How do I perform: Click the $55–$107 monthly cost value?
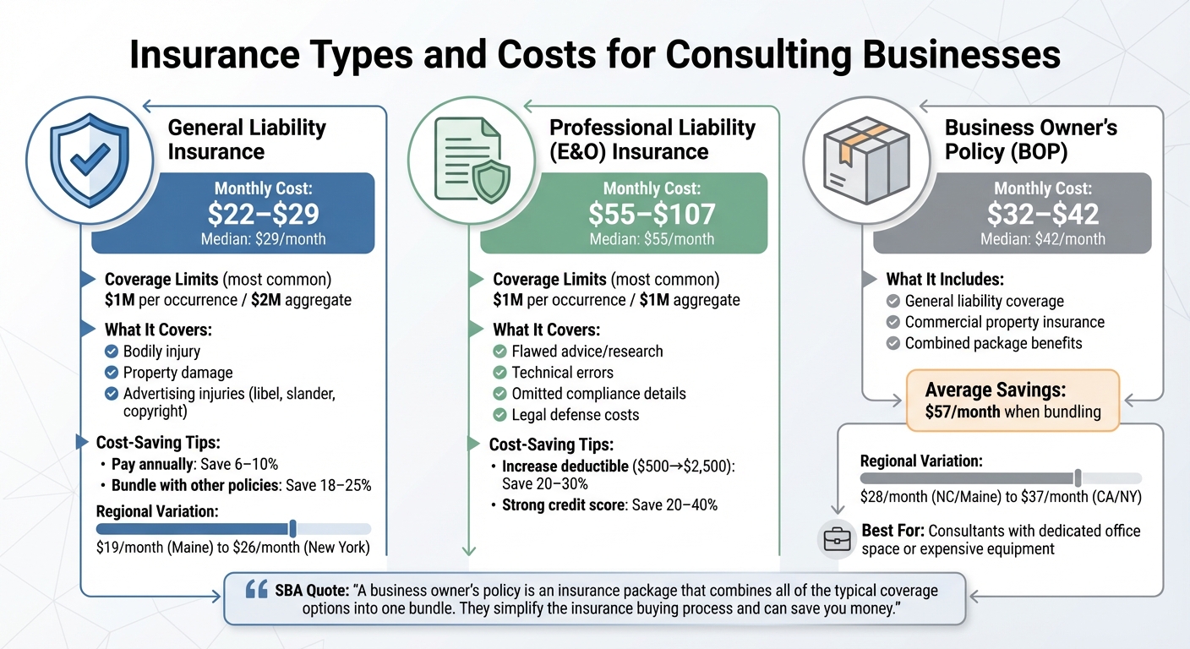click(652, 213)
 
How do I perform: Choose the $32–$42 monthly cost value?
click(1042, 213)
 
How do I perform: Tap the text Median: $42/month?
click(1042, 239)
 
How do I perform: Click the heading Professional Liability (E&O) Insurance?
click(652, 139)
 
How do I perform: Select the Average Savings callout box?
click(1012, 401)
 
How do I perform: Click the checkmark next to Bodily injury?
click(111, 351)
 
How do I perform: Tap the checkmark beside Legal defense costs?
click(499, 415)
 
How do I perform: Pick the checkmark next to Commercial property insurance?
click(892, 322)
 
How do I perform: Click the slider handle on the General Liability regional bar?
click(292, 529)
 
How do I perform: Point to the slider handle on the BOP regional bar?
click(1078, 478)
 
